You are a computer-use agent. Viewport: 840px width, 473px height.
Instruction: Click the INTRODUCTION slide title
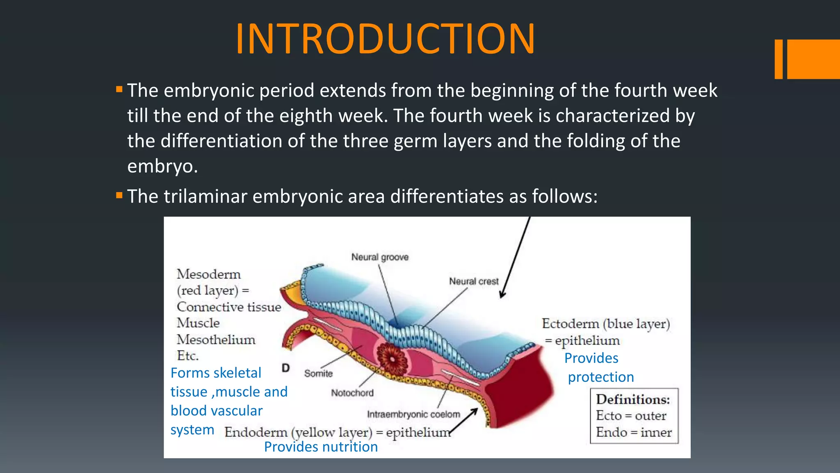click(x=385, y=39)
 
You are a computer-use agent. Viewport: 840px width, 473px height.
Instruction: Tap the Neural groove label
click(x=380, y=257)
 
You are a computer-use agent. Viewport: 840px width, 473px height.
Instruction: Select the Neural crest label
click(x=474, y=281)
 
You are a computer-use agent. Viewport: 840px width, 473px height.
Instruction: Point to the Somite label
click(x=318, y=374)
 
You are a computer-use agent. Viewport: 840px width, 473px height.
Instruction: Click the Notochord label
click(x=352, y=393)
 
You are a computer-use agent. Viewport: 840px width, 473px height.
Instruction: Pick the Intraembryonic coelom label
click(x=413, y=414)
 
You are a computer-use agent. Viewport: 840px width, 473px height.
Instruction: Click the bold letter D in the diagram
click(x=286, y=368)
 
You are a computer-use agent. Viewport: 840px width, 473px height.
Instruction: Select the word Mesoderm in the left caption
click(x=208, y=274)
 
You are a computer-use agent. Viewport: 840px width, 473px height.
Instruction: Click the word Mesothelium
click(x=216, y=340)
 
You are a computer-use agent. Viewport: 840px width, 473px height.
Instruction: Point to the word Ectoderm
click(x=570, y=324)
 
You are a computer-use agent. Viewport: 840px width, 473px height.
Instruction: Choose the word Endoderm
click(x=256, y=432)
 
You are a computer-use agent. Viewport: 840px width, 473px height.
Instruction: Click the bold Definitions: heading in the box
click(x=632, y=400)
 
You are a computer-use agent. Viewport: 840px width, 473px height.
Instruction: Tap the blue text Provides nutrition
click(x=321, y=447)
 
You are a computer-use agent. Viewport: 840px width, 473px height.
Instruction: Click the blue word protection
click(x=601, y=377)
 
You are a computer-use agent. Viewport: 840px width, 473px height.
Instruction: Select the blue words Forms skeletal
click(x=216, y=373)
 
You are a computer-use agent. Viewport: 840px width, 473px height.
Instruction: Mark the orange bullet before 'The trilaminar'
click(x=119, y=195)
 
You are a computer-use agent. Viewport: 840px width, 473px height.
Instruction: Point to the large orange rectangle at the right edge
click(x=813, y=59)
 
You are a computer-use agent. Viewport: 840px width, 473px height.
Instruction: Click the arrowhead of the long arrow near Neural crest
click(x=502, y=294)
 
